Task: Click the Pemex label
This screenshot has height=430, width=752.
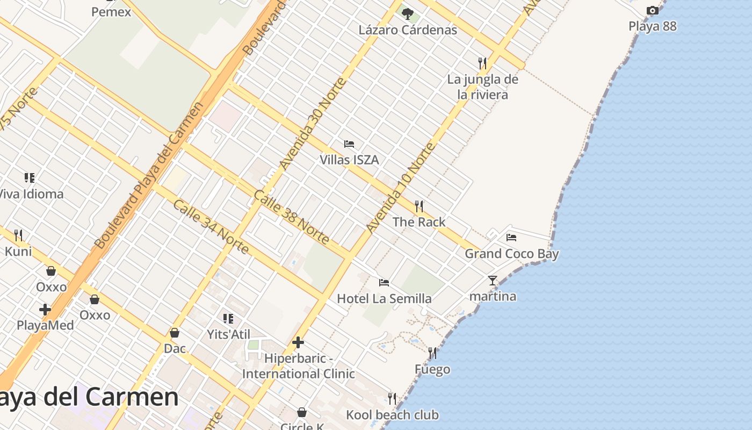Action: click(111, 11)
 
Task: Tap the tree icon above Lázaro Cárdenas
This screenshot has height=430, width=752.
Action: click(408, 13)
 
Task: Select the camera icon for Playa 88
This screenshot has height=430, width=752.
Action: click(652, 11)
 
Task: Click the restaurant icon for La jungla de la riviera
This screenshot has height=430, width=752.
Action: click(482, 63)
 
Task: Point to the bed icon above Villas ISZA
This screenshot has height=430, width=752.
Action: click(349, 144)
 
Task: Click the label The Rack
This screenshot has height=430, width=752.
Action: click(419, 222)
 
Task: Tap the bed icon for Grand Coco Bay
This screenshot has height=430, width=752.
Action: click(511, 237)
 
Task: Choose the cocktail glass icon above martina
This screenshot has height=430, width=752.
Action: click(492, 280)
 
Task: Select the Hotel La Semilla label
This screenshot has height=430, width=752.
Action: click(384, 298)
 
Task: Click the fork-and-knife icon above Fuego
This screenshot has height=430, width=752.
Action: click(432, 353)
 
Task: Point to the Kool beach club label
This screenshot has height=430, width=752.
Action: click(392, 415)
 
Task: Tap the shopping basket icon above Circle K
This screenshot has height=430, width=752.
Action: click(302, 412)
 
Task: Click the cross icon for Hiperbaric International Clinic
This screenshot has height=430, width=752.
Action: click(298, 342)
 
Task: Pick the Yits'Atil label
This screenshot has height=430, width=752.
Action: click(229, 334)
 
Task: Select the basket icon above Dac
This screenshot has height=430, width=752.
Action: click(175, 333)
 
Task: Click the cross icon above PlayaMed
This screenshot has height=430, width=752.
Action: click(45, 310)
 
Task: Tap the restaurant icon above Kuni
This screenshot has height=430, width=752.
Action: click(18, 235)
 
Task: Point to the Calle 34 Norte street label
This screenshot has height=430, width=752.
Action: click(211, 227)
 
